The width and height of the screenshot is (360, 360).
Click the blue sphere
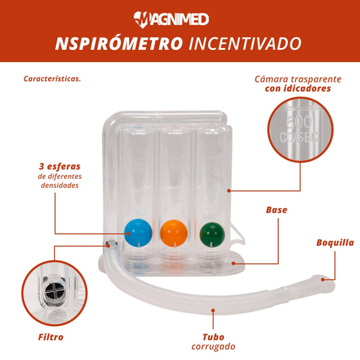click(x=138, y=233)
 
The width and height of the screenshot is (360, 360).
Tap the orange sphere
click(x=174, y=233)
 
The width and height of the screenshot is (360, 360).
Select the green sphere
click(x=212, y=234)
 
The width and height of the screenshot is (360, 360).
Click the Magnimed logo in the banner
click(x=172, y=20)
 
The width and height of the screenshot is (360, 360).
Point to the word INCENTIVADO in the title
click(x=245, y=43)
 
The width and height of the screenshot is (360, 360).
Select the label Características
click(x=53, y=79)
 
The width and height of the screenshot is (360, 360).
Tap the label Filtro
click(x=51, y=337)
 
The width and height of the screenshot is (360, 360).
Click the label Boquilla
click(x=335, y=242)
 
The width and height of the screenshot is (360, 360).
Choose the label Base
click(x=276, y=210)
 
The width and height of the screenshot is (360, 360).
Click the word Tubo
click(x=213, y=337)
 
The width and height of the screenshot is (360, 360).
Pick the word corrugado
click(x=213, y=346)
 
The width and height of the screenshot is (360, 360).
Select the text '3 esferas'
click(x=59, y=166)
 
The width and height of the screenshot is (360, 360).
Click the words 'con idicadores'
click(x=298, y=88)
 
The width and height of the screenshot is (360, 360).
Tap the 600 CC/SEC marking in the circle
click(x=299, y=129)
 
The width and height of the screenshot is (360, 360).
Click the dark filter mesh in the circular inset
click(x=55, y=292)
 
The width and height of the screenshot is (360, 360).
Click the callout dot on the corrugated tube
click(x=213, y=311)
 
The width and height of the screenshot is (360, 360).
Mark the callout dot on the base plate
click(x=233, y=263)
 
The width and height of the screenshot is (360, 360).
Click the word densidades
click(x=59, y=185)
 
